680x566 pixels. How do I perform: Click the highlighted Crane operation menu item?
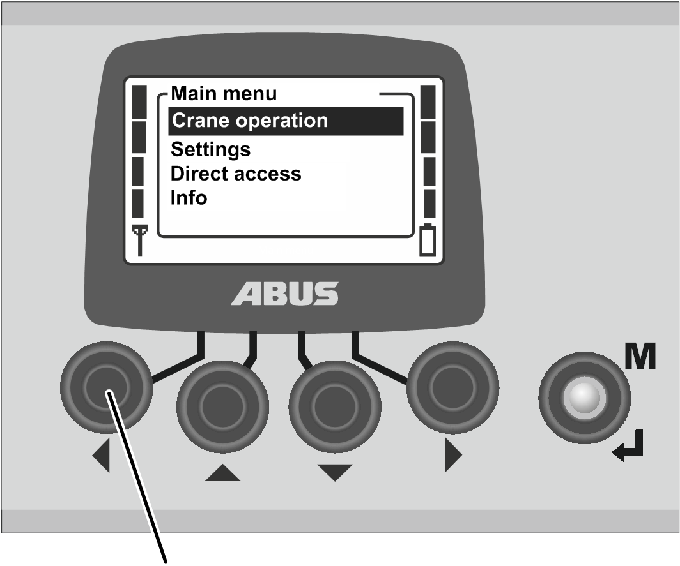tap(286, 121)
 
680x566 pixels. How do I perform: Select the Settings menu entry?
tap(210, 150)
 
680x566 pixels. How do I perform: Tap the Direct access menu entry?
tap(236, 174)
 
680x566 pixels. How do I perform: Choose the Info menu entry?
tap(189, 197)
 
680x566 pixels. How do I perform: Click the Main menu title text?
tap(224, 94)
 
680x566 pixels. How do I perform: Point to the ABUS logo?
tap(284, 294)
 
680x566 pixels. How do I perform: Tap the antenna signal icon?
tap(140, 240)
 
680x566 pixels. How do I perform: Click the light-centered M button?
tap(583, 398)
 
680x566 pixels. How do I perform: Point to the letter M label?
tap(640, 357)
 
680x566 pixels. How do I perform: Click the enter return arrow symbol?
tap(628, 446)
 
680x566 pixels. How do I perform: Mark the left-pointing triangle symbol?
tap(101, 455)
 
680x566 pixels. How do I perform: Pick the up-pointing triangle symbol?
tap(222, 473)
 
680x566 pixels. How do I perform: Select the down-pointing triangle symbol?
tap(335, 473)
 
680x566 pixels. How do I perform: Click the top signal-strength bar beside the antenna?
tap(139, 101)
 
